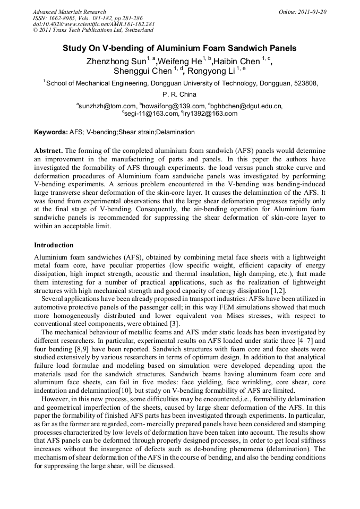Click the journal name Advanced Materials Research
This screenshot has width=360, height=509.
(x=69, y=12)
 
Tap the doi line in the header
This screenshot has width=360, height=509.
(x=93, y=24)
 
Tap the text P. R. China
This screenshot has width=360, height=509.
(x=179, y=94)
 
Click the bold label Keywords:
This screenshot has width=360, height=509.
(x=50, y=132)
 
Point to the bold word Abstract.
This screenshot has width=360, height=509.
(x=48, y=151)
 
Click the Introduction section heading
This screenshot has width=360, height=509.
(x=54, y=245)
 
